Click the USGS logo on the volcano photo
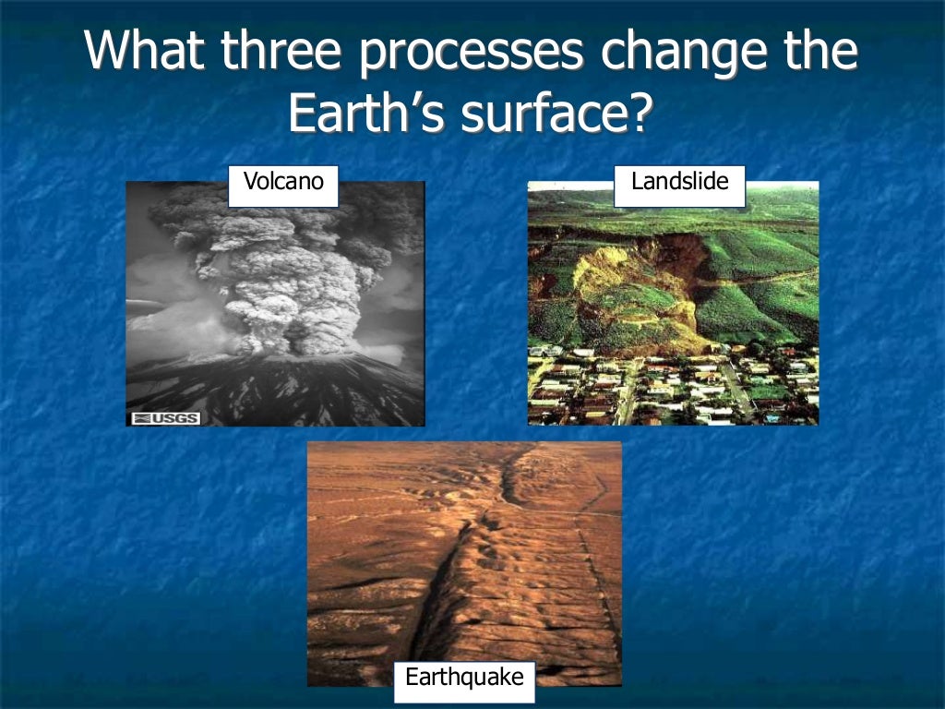click(x=152, y=418)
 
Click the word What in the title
click(x=145, y=53)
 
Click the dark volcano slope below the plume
click(x=277, y=388)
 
